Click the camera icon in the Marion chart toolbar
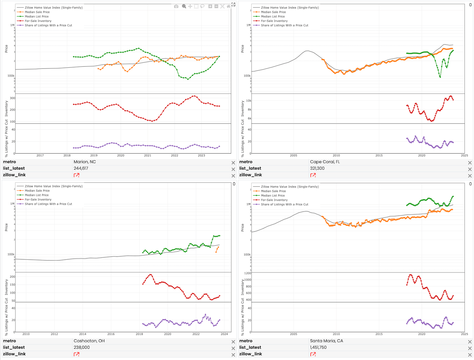pos(176,6)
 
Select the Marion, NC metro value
pos(85,162)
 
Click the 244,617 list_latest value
pos(81,168)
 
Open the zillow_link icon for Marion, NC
pos(77,175)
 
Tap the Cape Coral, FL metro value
pos(325,162)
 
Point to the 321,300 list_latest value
pos(317,168)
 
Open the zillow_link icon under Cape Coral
pos(313,175)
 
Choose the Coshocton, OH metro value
pos(89,341)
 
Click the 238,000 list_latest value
pos(82,347)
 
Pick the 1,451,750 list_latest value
pos(318,347)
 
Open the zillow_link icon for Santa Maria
pos(313,354)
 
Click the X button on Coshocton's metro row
pos(233,342)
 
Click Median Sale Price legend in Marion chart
pos(37,12)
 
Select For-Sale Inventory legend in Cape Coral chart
pos(274,21)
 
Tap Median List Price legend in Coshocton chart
pos(36,195)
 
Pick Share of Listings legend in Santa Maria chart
pos(284,204)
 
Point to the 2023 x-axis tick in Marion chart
pos(201,156)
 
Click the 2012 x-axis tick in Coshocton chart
pos(54,334)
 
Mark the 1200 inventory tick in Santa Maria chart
pos(248,273)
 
